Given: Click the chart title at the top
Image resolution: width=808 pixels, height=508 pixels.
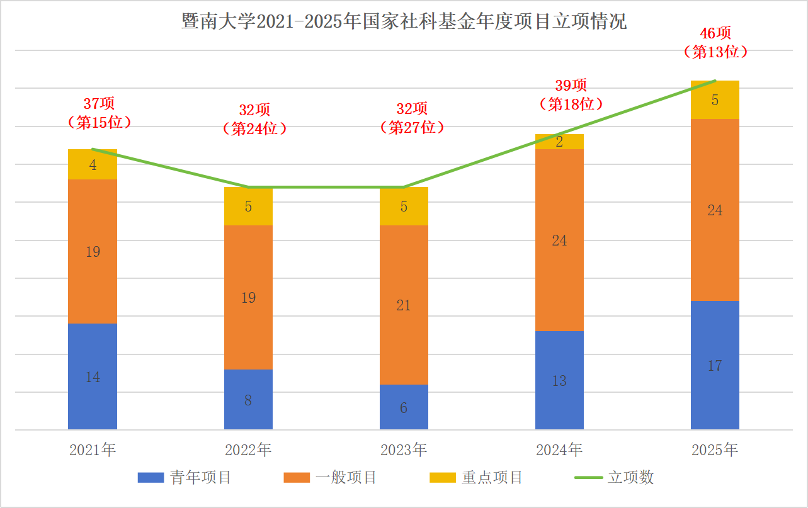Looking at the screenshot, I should tap(404, 22).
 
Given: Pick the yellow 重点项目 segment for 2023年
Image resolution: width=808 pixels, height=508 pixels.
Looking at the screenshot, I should tap(404, 206).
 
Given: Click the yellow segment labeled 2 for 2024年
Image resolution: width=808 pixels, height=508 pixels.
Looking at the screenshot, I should tap(559, 142).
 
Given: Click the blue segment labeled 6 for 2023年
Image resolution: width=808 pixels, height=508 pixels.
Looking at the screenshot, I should tap(404, 407).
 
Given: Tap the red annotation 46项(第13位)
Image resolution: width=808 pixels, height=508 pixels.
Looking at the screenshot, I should tap(715, 43).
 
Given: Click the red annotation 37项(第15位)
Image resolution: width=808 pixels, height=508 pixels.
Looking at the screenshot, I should tap(100, 113).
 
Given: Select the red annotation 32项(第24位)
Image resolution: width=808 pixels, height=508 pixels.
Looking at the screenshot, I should tap(254, 119).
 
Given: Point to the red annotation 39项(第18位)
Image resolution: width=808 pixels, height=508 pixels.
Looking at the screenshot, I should tap(571, 94).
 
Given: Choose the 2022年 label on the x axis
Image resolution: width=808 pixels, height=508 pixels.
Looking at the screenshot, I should tap(248, 450).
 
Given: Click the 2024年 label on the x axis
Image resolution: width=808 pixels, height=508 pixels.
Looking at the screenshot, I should tap(559, 450).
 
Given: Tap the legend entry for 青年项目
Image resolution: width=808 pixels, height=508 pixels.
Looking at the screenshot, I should tap(185, 477).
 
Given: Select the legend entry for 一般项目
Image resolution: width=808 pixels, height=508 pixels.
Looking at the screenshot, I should tap(330, 477).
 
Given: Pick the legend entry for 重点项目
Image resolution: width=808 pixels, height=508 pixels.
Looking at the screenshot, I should tap(476, 477).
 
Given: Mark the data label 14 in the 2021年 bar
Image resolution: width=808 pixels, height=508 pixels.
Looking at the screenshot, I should tap(93, 377).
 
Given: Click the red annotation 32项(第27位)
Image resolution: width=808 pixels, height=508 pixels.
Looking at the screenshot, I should tap(412, 118).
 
